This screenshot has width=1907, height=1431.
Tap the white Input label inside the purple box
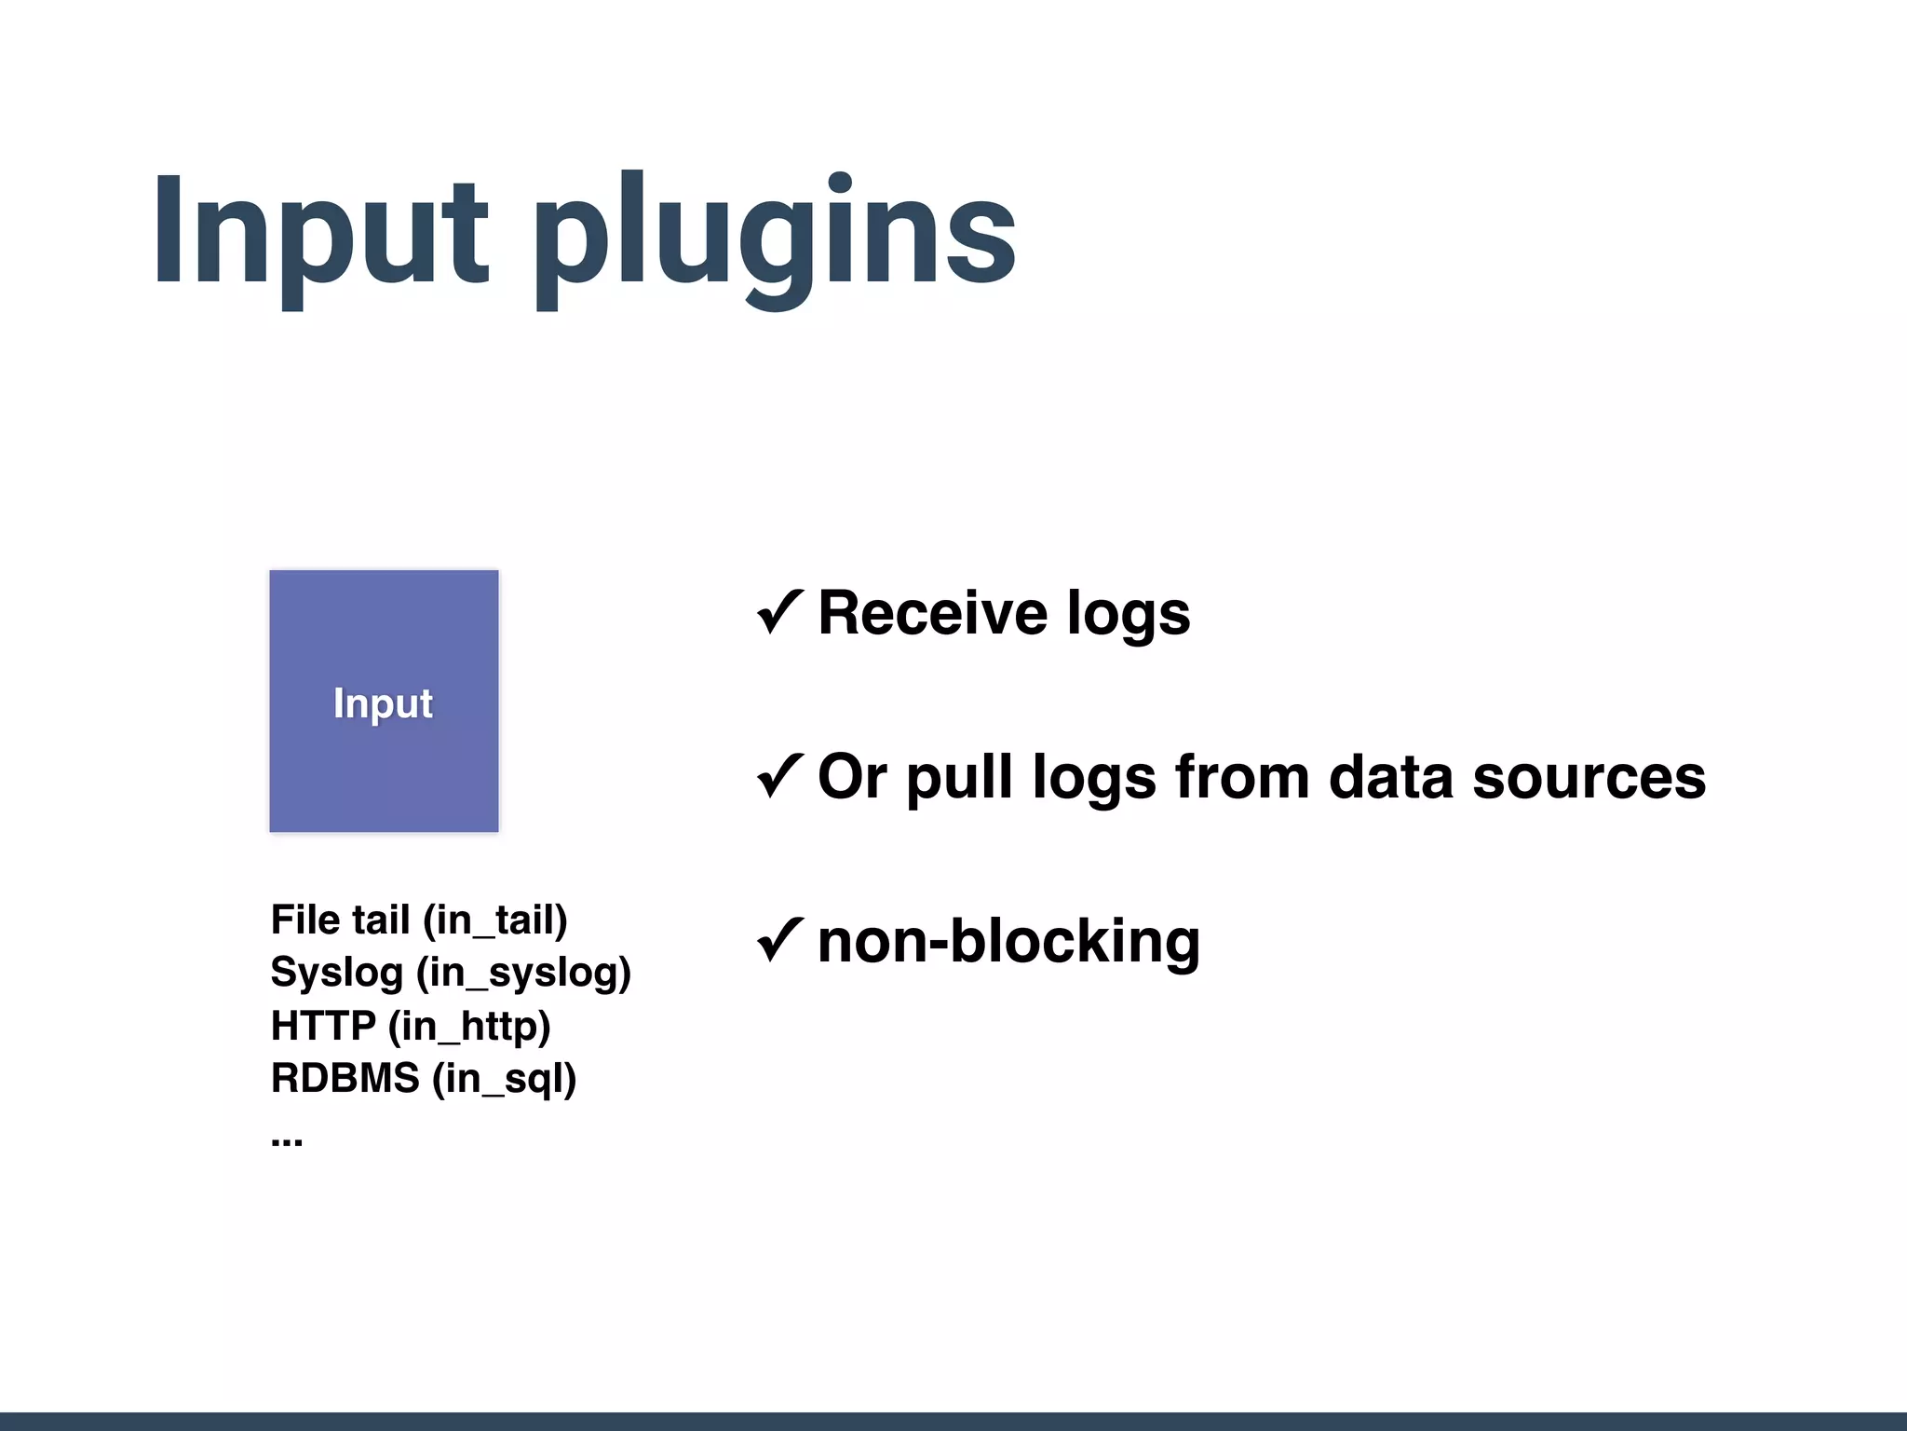click(383, 703)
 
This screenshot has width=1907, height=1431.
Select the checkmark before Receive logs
click(779, 612)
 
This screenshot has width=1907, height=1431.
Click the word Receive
click(933, 613)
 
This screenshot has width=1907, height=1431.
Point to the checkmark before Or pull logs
click(779, 776)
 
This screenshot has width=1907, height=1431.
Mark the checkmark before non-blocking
click(779, 940)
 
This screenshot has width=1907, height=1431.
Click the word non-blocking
click(1008, 941)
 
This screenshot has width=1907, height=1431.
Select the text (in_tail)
click(494, 920)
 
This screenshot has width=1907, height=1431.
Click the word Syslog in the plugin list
click(336, 974)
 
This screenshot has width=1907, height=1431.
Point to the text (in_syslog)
click(523, 974)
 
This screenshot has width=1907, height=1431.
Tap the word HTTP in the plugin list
click(323, 1026)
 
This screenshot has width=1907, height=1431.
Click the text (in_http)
click(469, 1027)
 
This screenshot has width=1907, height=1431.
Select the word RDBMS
click(345, 1078)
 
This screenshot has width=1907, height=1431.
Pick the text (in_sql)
click(504, 1079)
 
